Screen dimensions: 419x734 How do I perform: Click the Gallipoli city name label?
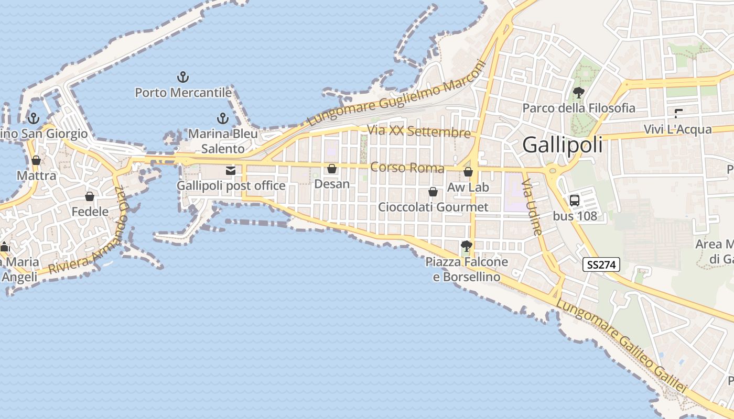coord(563,145)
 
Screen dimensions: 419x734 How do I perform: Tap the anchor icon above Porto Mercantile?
coord(182,78)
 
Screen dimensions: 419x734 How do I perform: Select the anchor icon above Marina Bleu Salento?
coord(223,118)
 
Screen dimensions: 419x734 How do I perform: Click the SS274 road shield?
coord(601,264)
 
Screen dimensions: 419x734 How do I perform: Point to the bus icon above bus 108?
coord(575,200)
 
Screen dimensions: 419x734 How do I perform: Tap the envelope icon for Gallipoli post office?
coord(230,170)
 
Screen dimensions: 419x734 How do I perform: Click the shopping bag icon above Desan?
coord(332,169)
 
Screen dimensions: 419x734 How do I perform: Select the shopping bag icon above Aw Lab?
coord(468,171)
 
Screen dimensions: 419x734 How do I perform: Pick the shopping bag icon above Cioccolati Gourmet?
coord(433,192)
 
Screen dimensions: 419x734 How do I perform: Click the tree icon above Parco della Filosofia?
coord(579,93)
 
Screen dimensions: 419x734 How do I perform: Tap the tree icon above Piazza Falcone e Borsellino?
coord(466,246)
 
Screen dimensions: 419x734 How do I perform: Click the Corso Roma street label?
coord(407,168)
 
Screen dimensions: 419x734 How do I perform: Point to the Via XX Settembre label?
coord(419,131)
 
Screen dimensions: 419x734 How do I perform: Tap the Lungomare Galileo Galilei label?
coord(621,346)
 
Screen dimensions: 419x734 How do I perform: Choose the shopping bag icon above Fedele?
coord(90,196)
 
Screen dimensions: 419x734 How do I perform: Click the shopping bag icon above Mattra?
coord(36,160)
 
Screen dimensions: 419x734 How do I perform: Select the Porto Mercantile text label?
coord(183,93)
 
